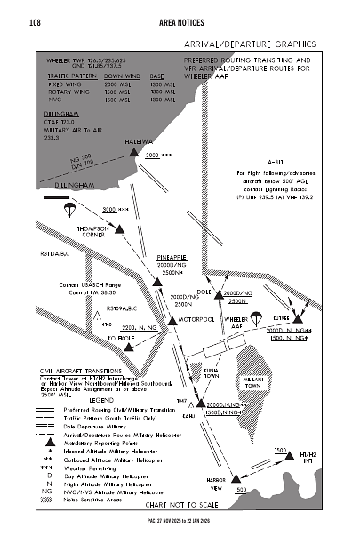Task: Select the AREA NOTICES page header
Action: coord(182,20)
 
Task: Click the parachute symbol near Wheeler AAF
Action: coord(251,318)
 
